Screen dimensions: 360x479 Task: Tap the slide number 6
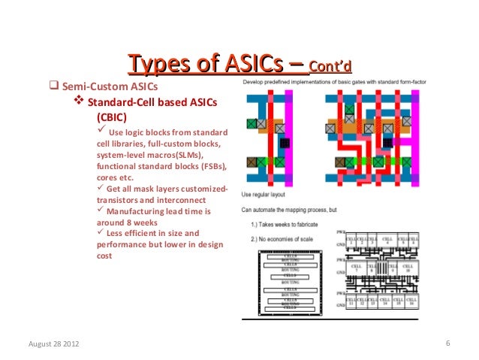tap(447, 344)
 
